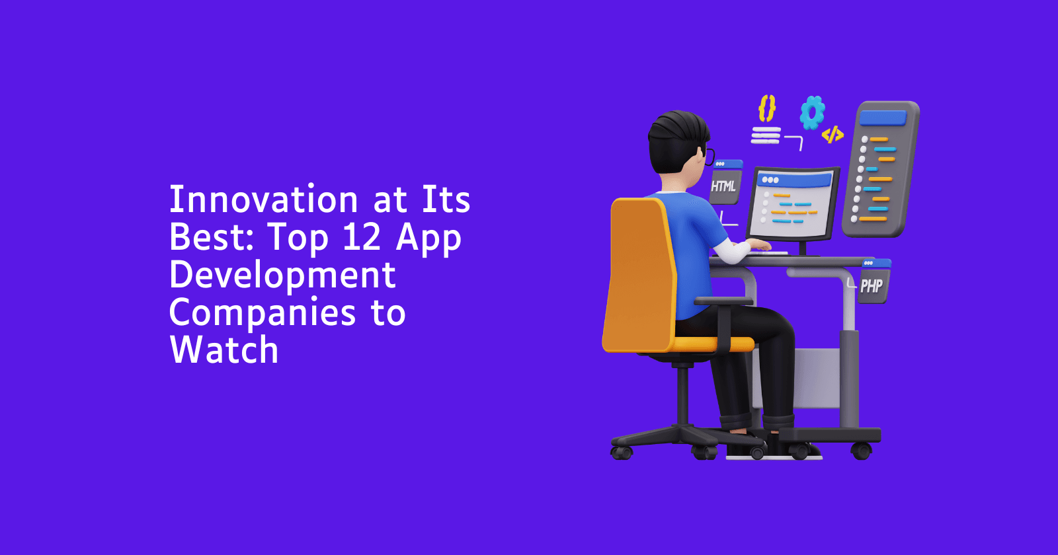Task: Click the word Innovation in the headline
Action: pos(264,199)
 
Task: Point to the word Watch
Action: pos(224,350)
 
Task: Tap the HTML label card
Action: pos(725,182)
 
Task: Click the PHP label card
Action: pos(874,281)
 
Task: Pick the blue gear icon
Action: pos(813,112)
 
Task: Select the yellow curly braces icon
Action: pos(766,108)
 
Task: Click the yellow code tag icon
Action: pos(833,135)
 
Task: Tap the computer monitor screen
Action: pos(792,204)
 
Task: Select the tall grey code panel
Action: pos(880,169)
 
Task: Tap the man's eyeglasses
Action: pos(708,156)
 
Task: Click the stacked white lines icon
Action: pos(766,135)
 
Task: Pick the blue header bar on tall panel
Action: pos(883,118)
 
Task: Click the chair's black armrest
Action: pos(723,301)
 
